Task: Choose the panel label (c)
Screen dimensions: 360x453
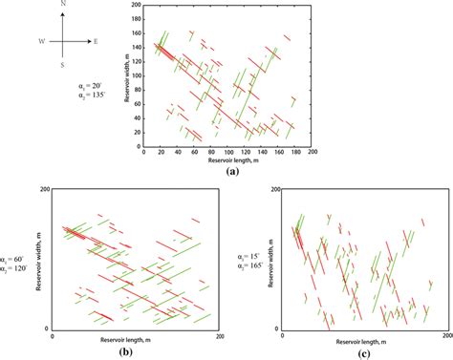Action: click(367, 351)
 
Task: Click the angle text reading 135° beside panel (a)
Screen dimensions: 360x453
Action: click(90, 96)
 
